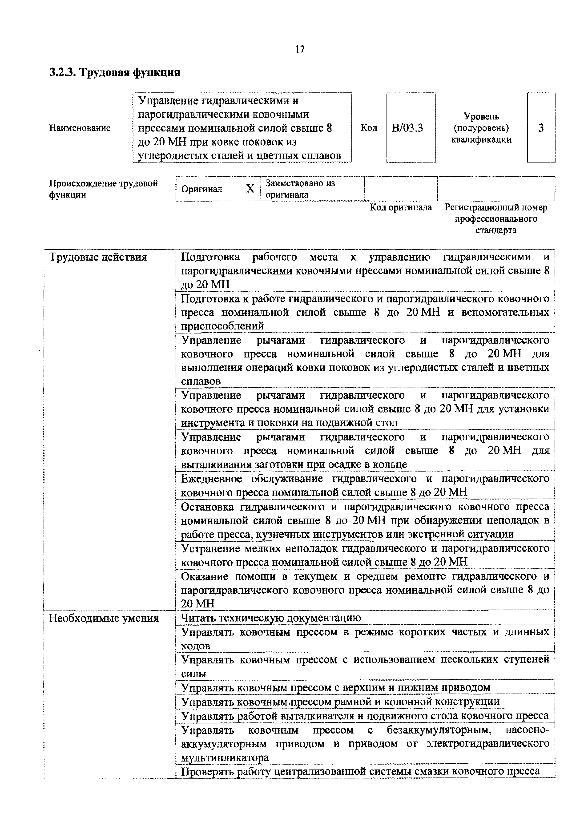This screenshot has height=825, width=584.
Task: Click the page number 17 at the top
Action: point(300,49)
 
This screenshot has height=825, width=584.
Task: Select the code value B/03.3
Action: point(407,128)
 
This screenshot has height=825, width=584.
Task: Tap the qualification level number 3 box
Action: point(541,128)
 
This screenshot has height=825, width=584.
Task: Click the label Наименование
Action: point(80,128)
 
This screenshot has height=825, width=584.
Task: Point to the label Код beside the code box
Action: point(369,128)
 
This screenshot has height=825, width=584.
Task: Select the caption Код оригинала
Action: point(401,207)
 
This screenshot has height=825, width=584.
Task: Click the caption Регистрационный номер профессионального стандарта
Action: point(496,218)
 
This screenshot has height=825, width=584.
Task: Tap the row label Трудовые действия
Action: point(98,257)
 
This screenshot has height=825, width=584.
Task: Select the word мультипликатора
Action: point(225,758)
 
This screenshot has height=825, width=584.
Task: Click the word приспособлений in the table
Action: point(222,326)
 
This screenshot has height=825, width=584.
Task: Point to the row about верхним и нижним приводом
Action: point(335,688)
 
